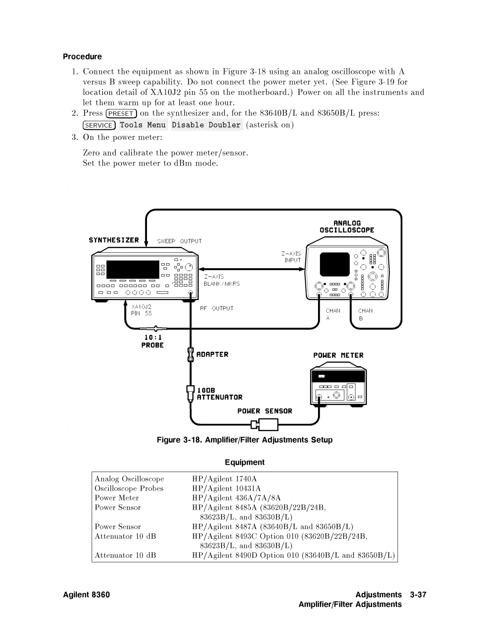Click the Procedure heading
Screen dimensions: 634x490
coord(82,57)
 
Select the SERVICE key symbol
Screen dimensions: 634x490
coord(99,125)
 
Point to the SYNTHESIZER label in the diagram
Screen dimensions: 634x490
coord(114,240)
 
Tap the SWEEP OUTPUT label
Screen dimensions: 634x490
coord(180,241)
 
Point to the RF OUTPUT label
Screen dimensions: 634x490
coord(217,308)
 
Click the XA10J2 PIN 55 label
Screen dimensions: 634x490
coord(142,310)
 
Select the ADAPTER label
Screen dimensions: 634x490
coord(212,354)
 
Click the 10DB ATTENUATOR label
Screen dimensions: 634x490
coord(220,393)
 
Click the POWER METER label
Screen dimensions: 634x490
coord(338,355)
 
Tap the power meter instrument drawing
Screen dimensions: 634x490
coord(338,387)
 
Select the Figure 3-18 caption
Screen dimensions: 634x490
coord(245,440)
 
